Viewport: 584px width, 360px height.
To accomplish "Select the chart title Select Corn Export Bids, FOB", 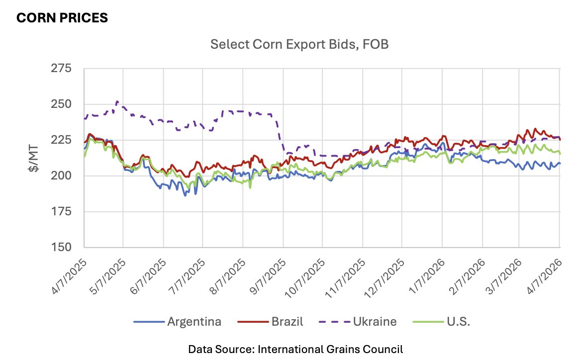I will (299, 44).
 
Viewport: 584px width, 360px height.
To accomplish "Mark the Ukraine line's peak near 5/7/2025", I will (116, 101).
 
